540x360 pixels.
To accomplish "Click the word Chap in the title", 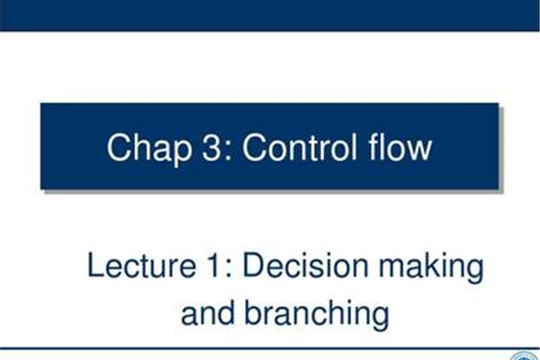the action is [x=149, y=148].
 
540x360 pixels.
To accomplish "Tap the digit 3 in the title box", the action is [x=211, y=147].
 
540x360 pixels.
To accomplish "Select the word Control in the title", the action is [x=300, y=147].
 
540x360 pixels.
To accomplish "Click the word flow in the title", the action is [x=400, y=147].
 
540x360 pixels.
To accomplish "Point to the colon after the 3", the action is [x=229, y=151].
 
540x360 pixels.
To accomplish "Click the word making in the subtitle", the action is [x=431, y=268].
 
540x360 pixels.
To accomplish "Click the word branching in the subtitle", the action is [x=317, y=316].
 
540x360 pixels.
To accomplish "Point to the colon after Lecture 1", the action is [x=228, y=269].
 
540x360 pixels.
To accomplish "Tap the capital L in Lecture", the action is [x=95, y=265].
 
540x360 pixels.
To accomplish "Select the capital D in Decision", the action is [x=254, y=265].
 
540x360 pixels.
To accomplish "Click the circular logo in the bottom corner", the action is [x=525, y=355].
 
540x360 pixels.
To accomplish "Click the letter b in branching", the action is [x=253, y=313].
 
